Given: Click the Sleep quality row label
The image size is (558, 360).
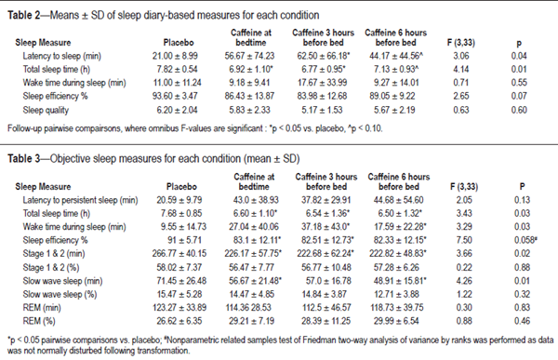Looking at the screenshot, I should [38, 109].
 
